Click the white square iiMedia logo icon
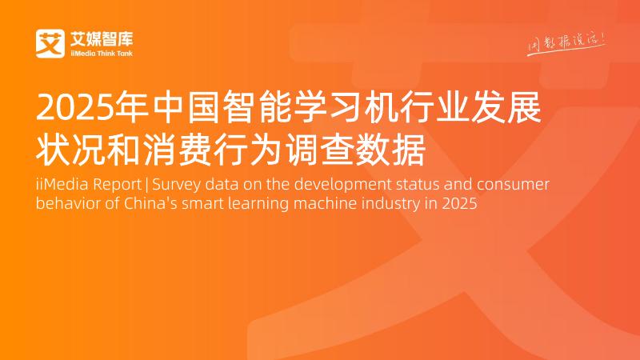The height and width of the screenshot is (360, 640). [x=50, y=42]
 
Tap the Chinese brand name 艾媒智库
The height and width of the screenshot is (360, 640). [x=100, y=38]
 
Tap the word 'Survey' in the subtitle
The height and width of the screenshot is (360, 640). [x=179, y=185]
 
